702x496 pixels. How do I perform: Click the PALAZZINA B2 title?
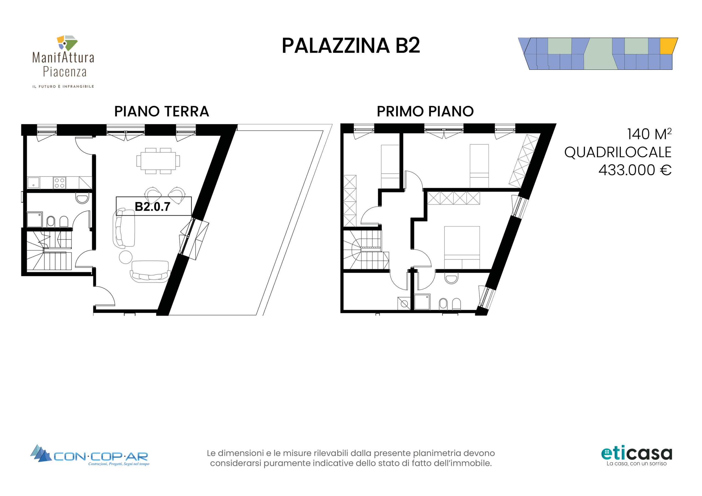coord(351,45)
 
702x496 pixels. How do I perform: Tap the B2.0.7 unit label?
coord(152,207)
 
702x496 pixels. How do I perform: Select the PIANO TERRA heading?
coord(162,111)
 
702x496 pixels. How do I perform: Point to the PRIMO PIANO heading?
coord(425,111)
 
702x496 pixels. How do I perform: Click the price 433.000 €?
coord(635,170)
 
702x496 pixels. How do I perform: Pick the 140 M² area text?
coord(649,134)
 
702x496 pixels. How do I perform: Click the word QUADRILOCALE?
coord(618,152)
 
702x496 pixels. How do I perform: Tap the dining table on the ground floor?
coord(158,161)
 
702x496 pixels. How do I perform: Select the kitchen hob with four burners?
coord(59,183)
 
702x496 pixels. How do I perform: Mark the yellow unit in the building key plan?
coord(668,46)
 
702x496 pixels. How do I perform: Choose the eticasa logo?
coord(636,456)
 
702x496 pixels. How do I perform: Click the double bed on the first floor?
coord(462,247)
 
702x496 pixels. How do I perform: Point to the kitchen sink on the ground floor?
coord(33,183)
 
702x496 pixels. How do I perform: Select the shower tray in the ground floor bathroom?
coord(35,220)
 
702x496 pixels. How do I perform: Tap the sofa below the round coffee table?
coord(150,271)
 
